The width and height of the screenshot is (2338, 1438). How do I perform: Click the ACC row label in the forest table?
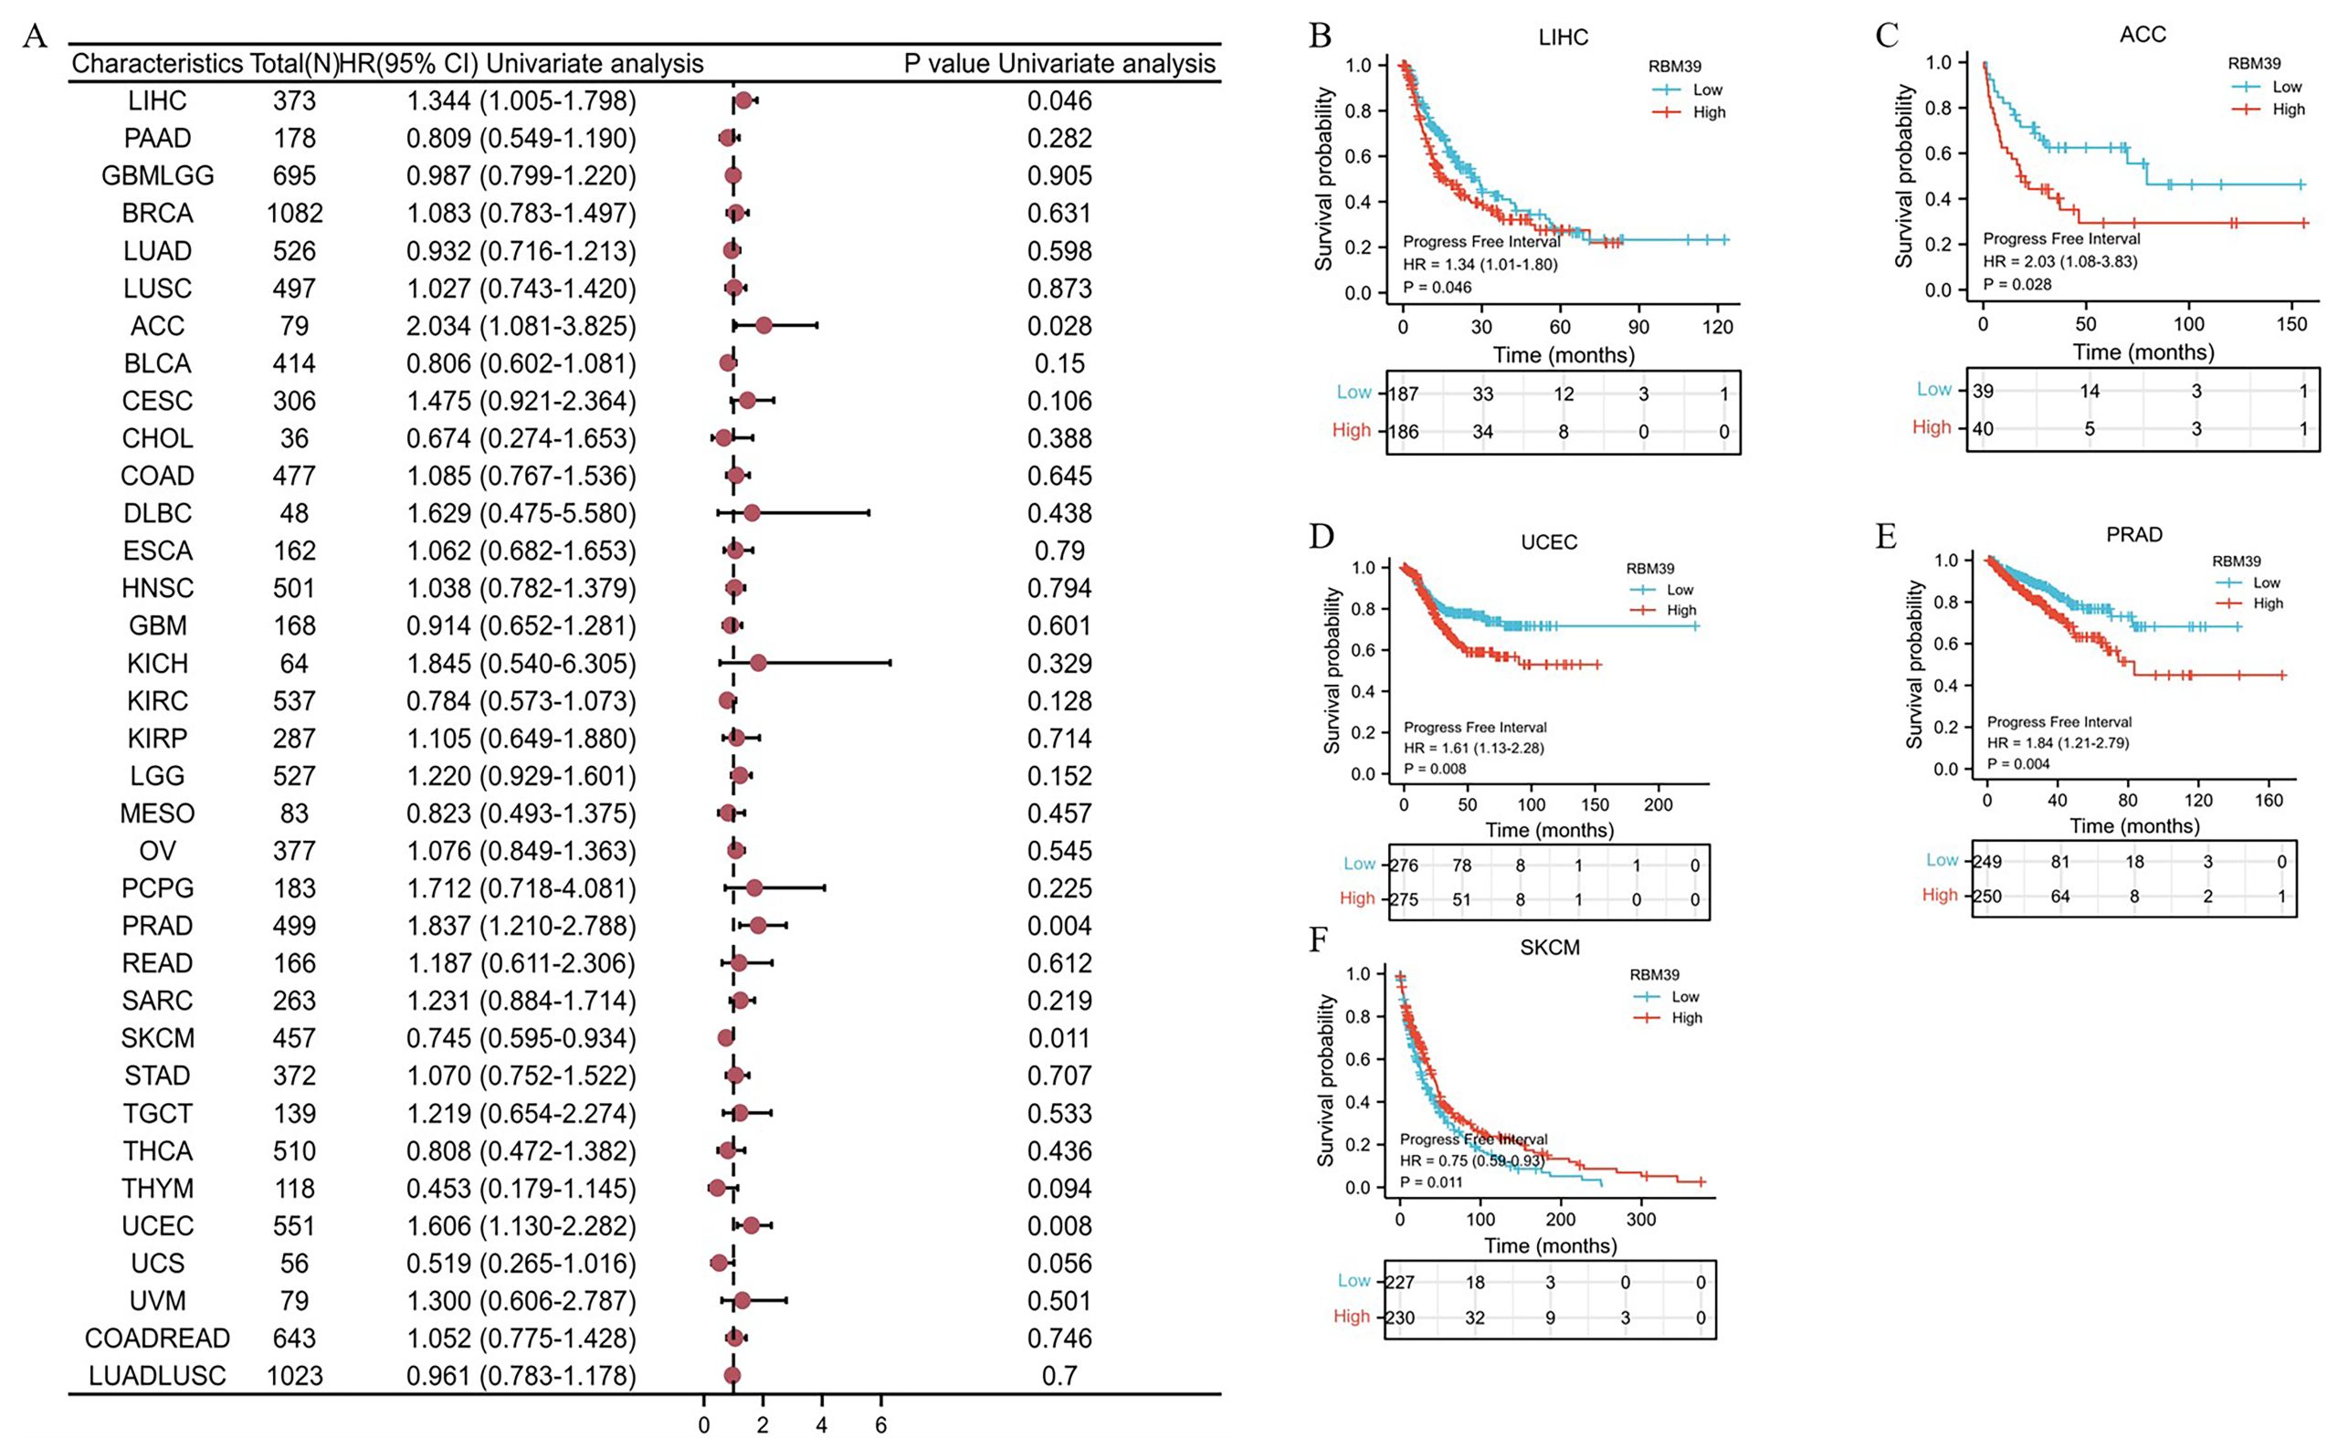[157, 326]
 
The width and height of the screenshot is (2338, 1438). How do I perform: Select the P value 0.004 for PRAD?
[1058, 927]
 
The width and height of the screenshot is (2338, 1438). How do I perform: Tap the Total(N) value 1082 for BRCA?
[294, 214]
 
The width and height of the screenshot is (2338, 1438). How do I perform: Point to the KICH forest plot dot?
[757, 663]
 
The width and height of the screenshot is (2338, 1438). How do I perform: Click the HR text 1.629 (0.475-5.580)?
[521, 513]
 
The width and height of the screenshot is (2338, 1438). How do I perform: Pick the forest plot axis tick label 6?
[880, 1424]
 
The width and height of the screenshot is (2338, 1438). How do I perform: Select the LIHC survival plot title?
[1563, 38]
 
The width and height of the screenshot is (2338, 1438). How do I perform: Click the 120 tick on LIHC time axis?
[1717, 327]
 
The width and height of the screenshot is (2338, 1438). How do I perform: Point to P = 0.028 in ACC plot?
[2017, 284]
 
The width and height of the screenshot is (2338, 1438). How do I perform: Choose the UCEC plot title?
[1549, 542]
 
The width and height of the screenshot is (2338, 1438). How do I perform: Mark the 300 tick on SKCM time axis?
[1642, 1218]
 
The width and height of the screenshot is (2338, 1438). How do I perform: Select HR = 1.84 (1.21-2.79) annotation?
[2058, 743]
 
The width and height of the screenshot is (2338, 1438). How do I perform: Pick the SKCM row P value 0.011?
[1058, 1039]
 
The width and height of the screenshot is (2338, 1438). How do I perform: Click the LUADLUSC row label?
[157, 1376]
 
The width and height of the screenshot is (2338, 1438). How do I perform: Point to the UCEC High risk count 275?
[1404, 899]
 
